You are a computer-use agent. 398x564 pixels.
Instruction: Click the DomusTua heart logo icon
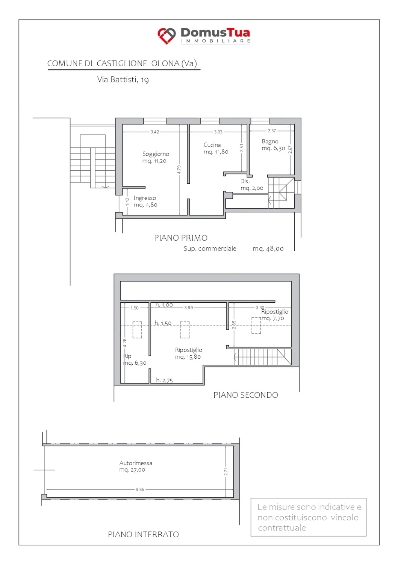[166, 36]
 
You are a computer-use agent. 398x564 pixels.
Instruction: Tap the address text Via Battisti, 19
[123, 80]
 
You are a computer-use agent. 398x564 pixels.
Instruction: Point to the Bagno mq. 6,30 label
[273, 144]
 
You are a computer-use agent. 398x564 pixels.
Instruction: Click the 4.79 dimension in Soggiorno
[179, 170]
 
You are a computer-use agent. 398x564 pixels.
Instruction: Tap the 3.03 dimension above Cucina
[218, 132]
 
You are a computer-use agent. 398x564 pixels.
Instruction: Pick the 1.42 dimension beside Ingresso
[127, 202]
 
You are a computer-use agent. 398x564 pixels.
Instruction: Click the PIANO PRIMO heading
[181, 238]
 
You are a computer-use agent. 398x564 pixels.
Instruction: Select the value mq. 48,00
[268, 249]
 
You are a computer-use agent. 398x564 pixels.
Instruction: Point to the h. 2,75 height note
[164, 380]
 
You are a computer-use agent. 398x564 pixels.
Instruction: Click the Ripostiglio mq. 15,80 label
[189, 353]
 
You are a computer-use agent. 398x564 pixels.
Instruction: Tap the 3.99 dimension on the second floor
[189, 308]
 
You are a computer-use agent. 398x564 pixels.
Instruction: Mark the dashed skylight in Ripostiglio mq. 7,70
[256, 325]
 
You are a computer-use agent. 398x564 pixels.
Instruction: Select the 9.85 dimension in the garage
[140, 489]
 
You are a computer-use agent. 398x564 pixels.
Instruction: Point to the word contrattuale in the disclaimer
[282, 528]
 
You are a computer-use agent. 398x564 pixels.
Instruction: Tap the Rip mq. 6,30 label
[135, 359]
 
